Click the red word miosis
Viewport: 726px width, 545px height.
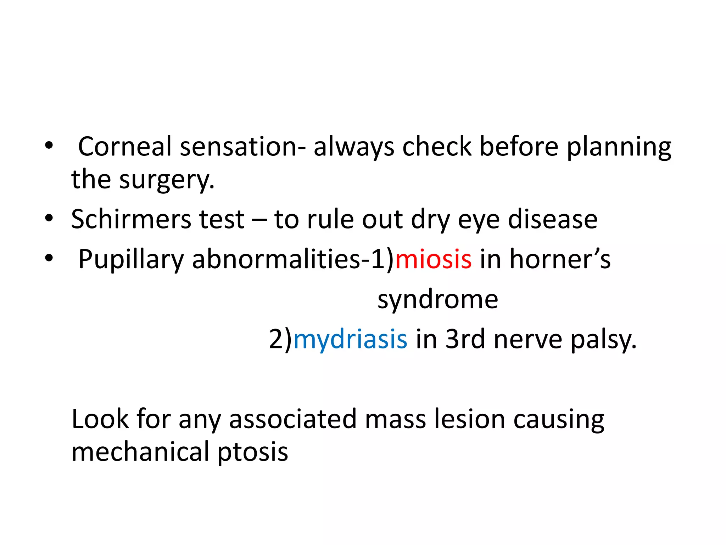click(433, 259)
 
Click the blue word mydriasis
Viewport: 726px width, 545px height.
click(350, 339)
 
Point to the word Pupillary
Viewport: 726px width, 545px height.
click(130, 260)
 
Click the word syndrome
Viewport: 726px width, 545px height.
click(438, 300)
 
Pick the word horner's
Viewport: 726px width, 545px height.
click(560, 259)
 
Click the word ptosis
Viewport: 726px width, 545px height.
click(252, 452)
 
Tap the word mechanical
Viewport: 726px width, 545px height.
click(140, 452)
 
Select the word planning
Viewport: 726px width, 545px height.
click(619, 147)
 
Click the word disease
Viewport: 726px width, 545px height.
click(553, 219)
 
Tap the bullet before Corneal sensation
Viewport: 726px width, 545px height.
click(49, 145)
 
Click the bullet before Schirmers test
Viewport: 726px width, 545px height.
click(49, 218)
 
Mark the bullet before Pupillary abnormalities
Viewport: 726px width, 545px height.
click(49, 258)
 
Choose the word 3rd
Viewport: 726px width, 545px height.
click(465, 339)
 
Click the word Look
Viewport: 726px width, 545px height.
click(100, 419)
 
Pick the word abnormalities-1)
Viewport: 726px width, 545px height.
click(293, 259)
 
